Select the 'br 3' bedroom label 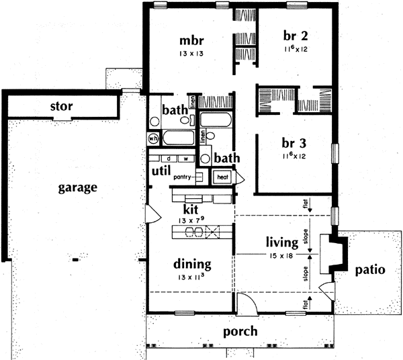[x=291, y=143]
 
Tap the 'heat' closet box [x=222, y=177]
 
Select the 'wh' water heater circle [x=154, y=138]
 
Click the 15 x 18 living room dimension [x=281, y=254]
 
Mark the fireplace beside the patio [x=334, y=253]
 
